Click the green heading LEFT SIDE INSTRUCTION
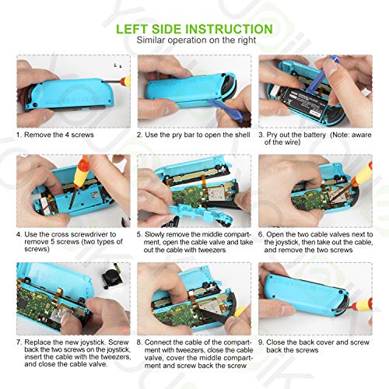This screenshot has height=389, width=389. [194, 29]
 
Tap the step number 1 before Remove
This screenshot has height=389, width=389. [18, 135]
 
